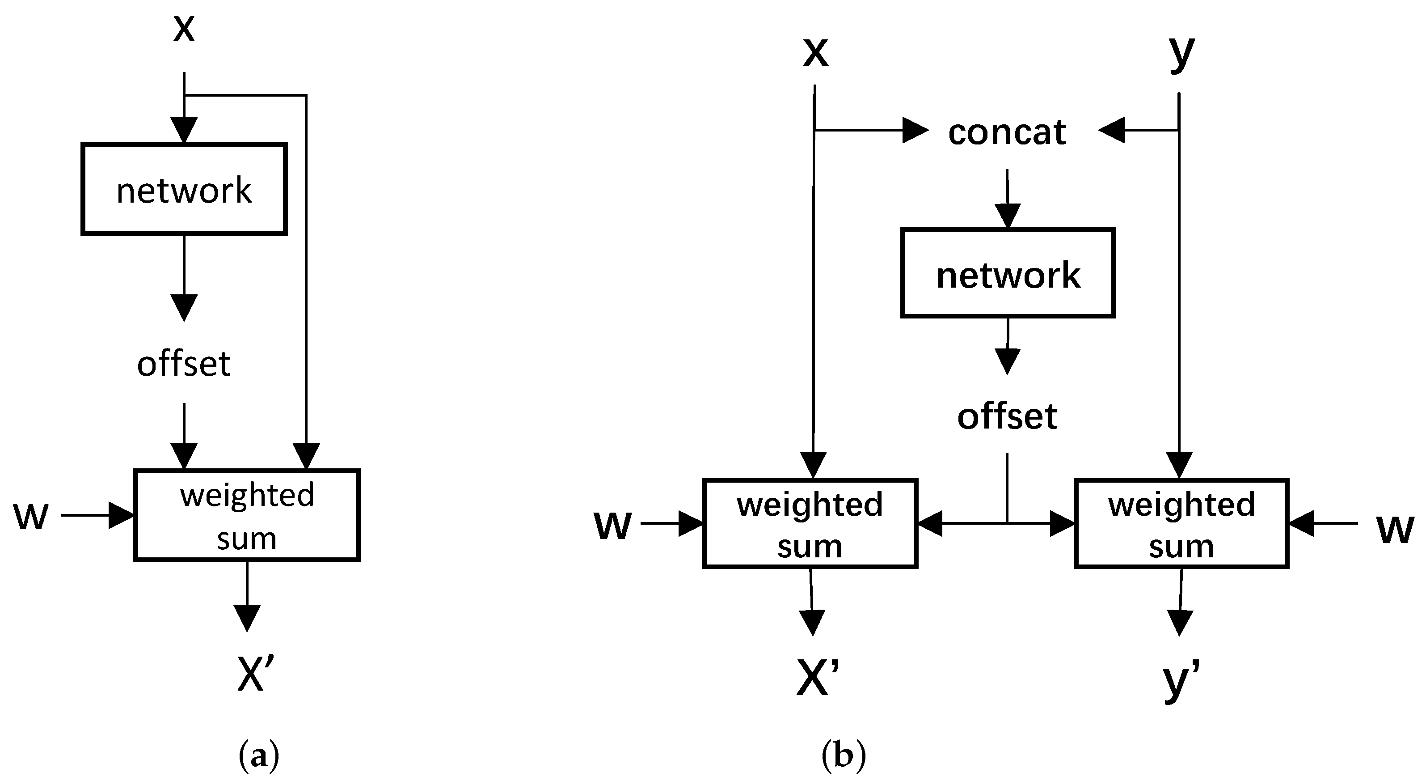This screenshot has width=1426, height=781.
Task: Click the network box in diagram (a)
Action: click(184, 189)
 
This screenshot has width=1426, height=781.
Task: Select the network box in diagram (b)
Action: click(1008, 273)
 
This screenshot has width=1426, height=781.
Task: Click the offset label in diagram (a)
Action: click(184, 364)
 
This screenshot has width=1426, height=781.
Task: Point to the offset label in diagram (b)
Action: click(1007, 416)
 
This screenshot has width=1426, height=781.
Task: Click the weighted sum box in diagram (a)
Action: click(247, 516)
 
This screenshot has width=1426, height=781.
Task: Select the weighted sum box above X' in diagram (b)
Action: click(810, 523)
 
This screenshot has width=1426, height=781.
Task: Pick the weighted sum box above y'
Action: click(1181, 523)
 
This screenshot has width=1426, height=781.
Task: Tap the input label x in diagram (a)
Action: click(184, 29)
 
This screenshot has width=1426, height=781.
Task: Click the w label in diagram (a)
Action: click(30, 516)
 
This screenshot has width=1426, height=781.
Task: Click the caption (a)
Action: click(258, 756)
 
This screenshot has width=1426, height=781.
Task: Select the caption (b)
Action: click(843, 756)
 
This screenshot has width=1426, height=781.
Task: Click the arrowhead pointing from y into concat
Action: click(1112, 131)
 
